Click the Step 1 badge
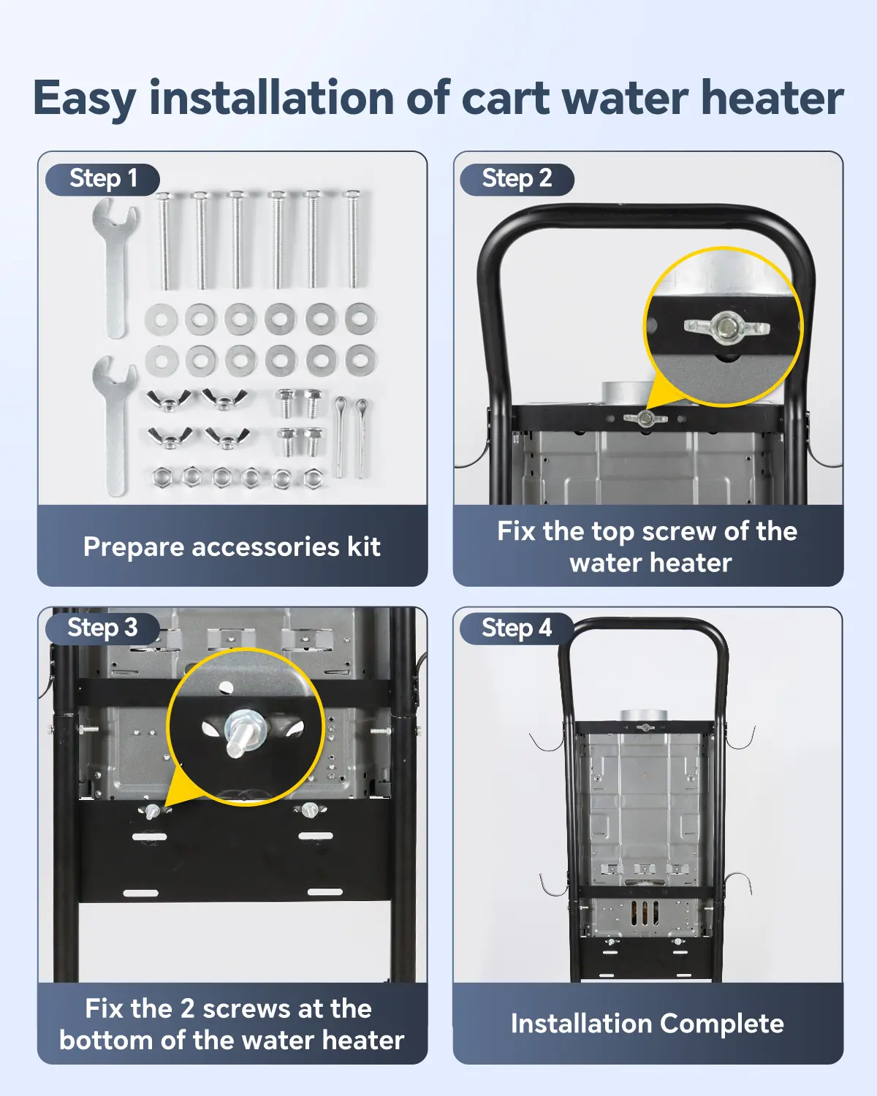pos(102,179)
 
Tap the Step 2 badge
pos(517,179)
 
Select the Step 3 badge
pos(102,628)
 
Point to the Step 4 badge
pos(517,628)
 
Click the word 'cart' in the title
pos(506,99)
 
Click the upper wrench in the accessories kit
pos(115,268)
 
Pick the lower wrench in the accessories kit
pos(115,426)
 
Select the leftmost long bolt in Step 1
pos(164,241)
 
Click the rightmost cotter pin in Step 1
pos(361,438)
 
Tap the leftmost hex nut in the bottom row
pos(160,476)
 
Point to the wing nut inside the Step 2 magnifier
pos(726,327)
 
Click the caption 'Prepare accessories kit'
pos(232,547)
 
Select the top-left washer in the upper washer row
pos(161,320)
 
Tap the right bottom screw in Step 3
pos(309,810)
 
